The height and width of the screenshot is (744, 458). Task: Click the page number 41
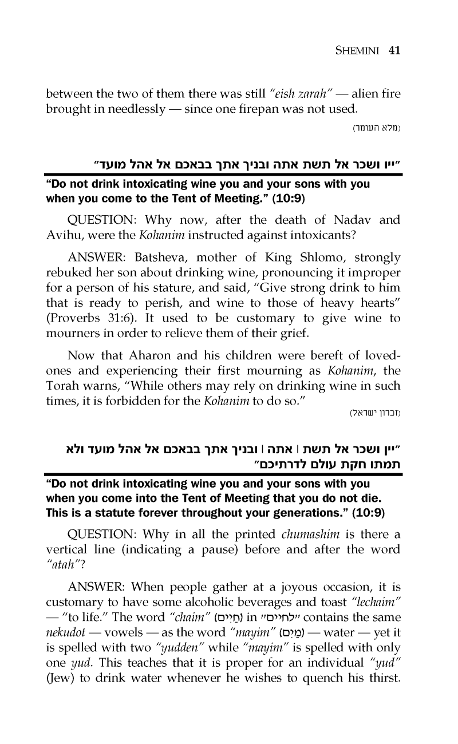[x=394, y=50]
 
